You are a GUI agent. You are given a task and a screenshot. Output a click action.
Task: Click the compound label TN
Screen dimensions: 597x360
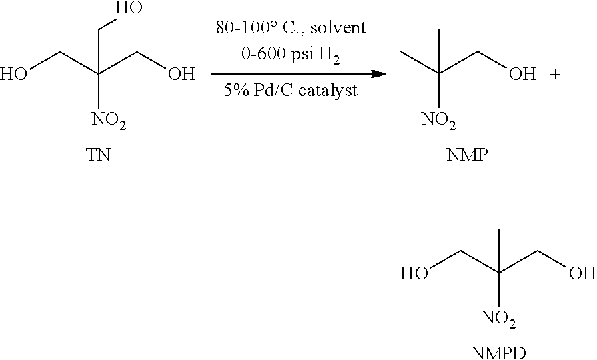[99, 155]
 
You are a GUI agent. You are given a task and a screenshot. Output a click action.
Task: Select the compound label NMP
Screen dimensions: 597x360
[467, 155]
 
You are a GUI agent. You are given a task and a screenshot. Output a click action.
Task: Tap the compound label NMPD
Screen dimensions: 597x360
[498, 353]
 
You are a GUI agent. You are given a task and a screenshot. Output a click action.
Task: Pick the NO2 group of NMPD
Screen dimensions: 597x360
[498, 319]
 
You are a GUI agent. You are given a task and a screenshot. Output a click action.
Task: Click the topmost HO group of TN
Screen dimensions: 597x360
[129, 8]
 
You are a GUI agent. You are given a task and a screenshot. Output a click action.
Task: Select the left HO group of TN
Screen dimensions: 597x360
[14, 74]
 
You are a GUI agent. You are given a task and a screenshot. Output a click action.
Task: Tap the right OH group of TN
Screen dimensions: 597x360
[181, 74]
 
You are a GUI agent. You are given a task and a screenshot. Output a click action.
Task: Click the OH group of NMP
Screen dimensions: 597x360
[522, 74]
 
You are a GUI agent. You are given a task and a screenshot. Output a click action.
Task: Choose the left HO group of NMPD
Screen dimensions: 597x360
[414, 273]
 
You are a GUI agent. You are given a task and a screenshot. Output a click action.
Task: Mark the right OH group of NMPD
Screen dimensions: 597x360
[582, 273]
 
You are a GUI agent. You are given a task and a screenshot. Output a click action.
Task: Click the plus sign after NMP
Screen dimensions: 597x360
[555, 75]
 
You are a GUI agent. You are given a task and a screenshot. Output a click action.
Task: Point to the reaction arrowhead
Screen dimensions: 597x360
[378, 74]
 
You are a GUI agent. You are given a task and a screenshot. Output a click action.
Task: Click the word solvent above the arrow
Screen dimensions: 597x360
[338, 28]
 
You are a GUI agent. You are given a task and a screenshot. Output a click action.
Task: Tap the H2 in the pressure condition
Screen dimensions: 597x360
[330, 56]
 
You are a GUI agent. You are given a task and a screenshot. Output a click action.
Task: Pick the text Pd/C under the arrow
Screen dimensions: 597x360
[273, 91]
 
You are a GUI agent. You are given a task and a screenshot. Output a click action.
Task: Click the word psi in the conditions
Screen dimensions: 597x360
[303, 55]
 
